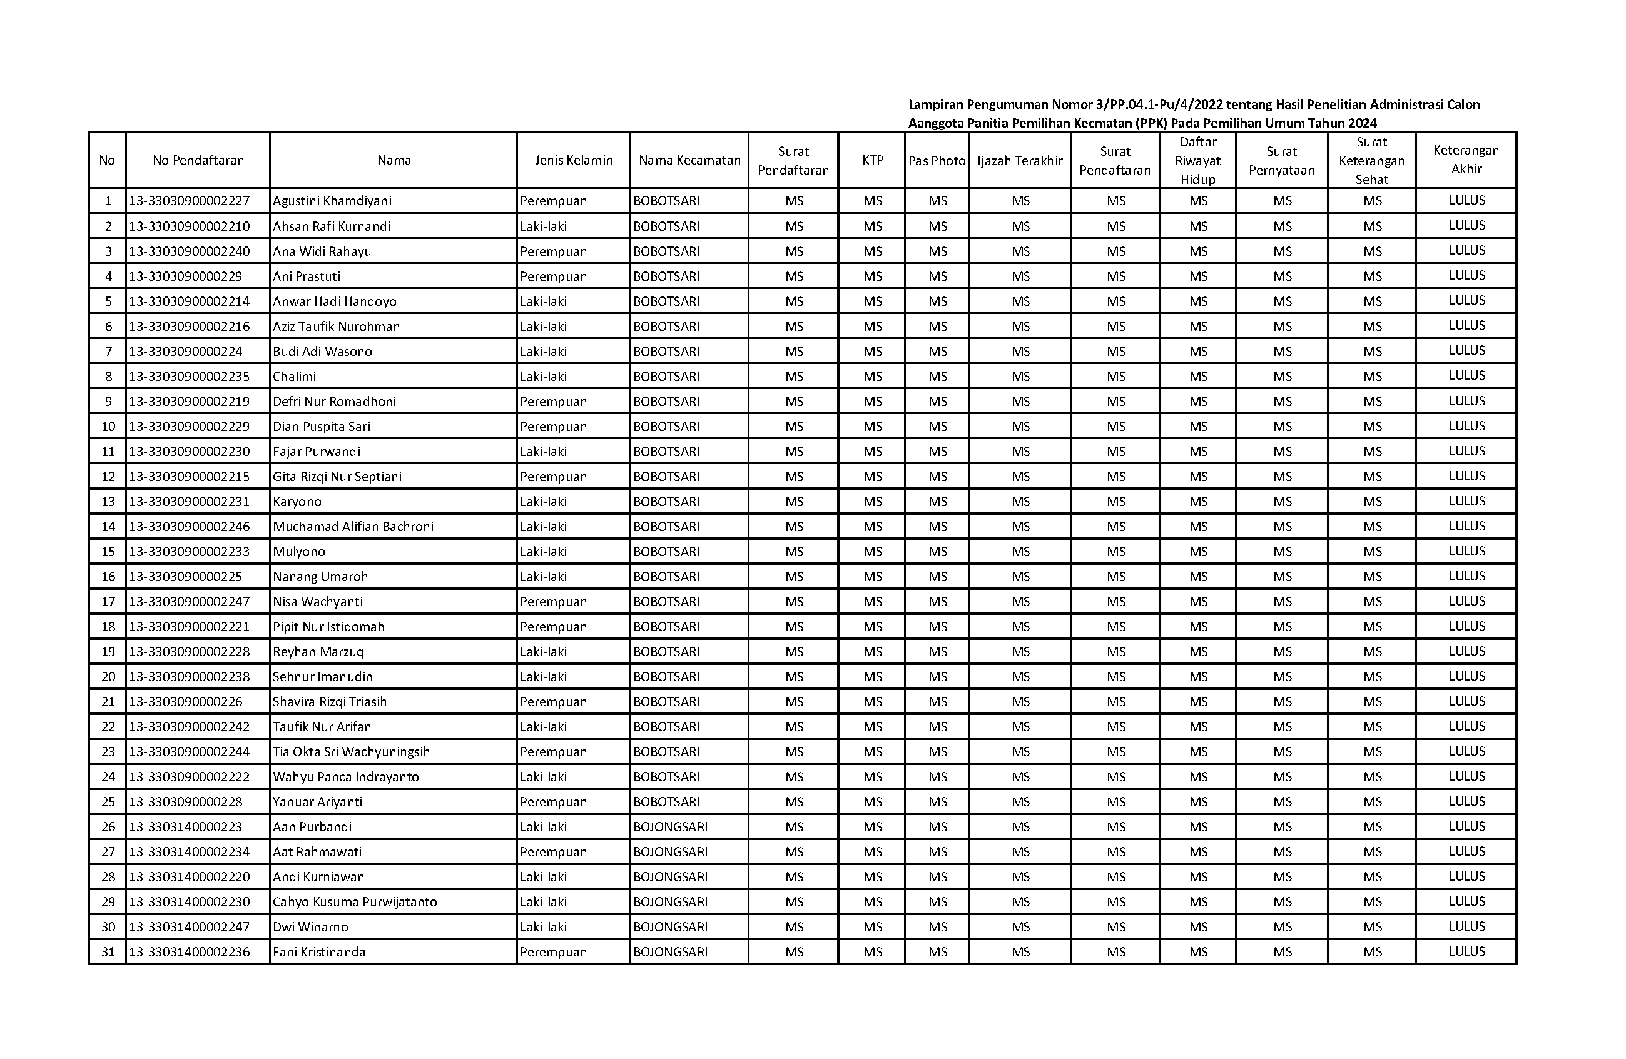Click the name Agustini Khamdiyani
click(x=332, y=201)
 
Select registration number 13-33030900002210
click(x=189, y=226)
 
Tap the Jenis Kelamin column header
click(x=573, y=161)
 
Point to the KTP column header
click(x=873, y=161)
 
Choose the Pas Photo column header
click(x=937, y=161)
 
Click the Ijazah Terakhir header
click(x=1020, y=161)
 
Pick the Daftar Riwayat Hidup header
click(x=1197, y=161)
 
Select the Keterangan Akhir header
click(x=1466, y=160)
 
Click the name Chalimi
click(x=295, y=377)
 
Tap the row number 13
click(x=108, y=502)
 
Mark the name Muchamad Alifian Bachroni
click(x=353, y=527)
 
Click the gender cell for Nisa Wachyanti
click(x=554, y=602)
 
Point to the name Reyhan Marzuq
click(x=318, y=652)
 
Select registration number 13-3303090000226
click(x=186, y=702)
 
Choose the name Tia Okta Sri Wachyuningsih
click(x=351, y=752)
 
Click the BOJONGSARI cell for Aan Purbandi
click(x=670, y=827)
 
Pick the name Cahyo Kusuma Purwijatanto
click(x=355, y=902)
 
